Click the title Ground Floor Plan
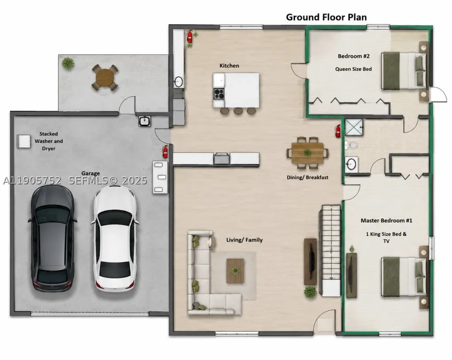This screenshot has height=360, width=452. click(326, 17)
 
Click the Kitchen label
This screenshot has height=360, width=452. click(229, 66)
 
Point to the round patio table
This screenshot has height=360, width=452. click(105, 77)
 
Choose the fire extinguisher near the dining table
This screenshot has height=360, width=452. click(338, 131)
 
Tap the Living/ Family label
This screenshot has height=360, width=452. click(245, 240)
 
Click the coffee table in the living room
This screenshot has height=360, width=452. click(235, 271)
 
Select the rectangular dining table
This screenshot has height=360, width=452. click(307, 153)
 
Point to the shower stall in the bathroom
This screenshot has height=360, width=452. click(354, 127)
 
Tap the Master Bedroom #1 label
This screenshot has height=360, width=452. click(386, 221)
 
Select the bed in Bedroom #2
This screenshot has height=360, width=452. click(404, 71)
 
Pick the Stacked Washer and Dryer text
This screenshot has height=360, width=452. click(49, 141)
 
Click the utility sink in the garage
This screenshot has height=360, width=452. click(144, 121)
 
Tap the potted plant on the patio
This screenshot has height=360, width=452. click(68, 63)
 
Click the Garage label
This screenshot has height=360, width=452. click(90, 173)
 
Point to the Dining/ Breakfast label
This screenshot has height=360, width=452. click(307, 177)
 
